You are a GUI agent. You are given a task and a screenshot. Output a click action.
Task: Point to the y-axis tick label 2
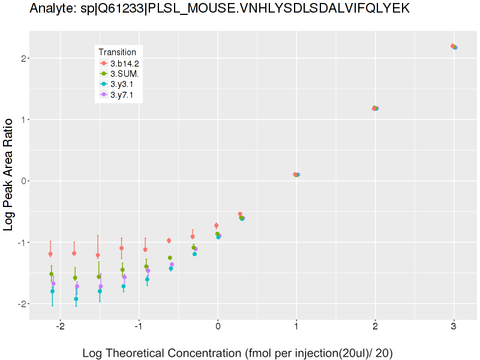(x=20, y=58)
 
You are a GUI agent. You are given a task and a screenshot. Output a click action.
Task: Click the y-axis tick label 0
(x=20, y=181)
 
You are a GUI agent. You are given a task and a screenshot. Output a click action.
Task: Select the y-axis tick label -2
(x=19, y=304)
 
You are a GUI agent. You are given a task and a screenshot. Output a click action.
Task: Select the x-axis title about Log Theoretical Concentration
(x=238, y=353)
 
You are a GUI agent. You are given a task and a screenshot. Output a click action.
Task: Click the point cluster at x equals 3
(x=454, y=46)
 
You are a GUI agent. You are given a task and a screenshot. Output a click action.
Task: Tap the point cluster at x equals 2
(x=375, y=109)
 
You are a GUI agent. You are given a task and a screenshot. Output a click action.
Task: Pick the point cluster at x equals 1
(x=296, y=175)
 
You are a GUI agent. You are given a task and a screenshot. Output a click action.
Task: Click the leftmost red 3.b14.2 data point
(x=50, y=254)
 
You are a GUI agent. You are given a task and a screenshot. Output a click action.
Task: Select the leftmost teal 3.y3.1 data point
(x=52, y=291)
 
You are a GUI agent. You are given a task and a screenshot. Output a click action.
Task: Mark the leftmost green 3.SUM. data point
(x=51, y=274)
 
